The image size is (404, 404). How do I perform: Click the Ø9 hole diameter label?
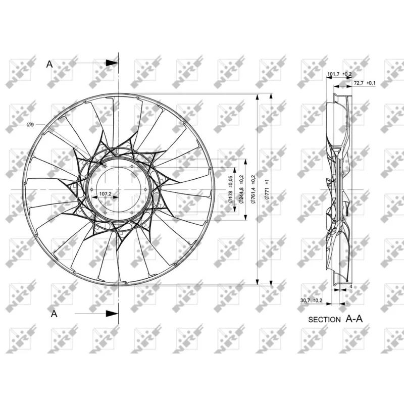30,125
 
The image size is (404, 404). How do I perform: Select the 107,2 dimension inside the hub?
105,193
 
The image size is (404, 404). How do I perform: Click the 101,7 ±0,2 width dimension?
339,75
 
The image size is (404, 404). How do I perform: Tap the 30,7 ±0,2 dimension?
312,301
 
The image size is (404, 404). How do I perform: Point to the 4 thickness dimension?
350,286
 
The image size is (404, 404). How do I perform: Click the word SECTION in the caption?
324,320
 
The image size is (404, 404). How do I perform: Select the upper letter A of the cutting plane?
49,64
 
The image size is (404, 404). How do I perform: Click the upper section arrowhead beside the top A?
112,63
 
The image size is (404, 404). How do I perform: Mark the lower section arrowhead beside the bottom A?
112,314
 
